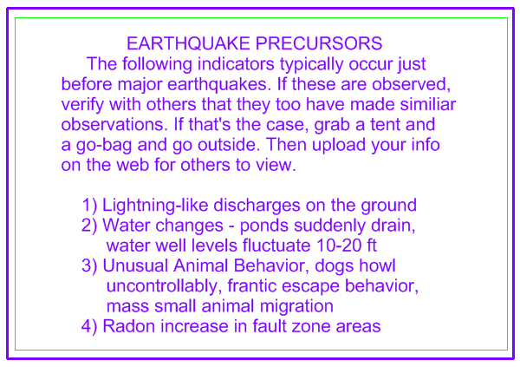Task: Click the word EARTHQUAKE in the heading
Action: click(x=188, y=43)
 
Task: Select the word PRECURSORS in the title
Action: click(x=319, y=43)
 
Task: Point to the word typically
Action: click(x=311, y=65)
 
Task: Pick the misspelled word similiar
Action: click(x=428, y=104)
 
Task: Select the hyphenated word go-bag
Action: click(x=104, y=146)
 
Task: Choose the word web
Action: click(x=133, y=165)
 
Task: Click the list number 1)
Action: click(x=89, y=206)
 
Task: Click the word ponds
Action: click(x=264, y=226)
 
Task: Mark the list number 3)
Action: click(x=89, y=266)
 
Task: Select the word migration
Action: click(x=296, y=307)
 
